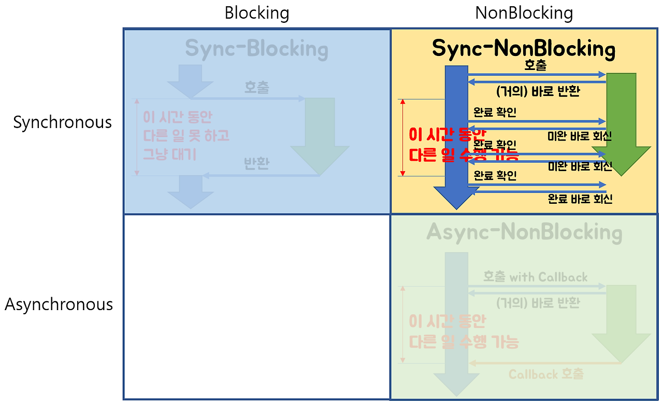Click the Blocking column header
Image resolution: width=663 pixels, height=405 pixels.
coord(256,13)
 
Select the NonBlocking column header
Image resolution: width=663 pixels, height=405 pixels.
coord(524,13)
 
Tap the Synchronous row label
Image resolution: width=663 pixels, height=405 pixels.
coord(63,122)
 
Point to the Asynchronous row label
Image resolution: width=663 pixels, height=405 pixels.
coord(59,304)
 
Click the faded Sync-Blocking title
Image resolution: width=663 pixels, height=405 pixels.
coord(256,49)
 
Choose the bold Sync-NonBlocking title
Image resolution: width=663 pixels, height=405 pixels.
coord(524,49)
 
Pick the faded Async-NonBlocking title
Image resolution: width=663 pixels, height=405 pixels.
coord(524,233)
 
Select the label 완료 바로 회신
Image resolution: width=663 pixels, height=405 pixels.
coord(580,199)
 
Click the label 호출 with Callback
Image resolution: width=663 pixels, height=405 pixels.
coord(536,277)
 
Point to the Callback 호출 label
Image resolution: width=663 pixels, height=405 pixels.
coord(546,374)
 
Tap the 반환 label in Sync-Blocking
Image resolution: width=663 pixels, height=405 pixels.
coord(256,164)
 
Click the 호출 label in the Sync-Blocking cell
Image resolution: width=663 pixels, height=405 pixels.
coord(256,88)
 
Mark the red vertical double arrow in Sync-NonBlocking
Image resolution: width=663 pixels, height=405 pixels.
coord(402,137)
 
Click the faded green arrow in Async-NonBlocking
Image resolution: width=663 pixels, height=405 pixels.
coord(621,322)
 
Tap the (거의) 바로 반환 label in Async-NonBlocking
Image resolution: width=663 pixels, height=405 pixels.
coord(538,303)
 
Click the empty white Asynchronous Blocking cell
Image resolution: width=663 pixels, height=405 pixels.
coord(256,306)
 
